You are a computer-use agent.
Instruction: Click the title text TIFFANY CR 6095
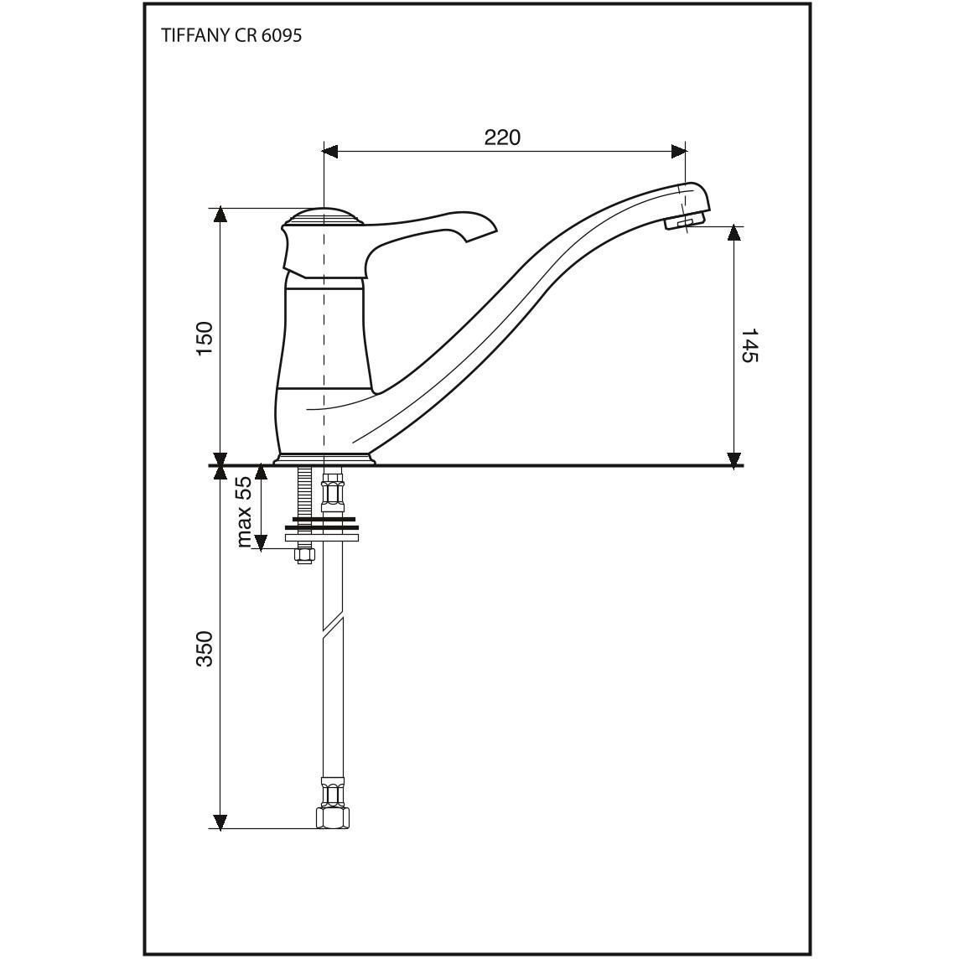pyautogui.click(x=231, y=36)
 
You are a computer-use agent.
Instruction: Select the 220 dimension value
pyautogui.click(x=502, y=137)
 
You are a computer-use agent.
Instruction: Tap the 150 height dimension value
pyautogui.click(x=205, y=340)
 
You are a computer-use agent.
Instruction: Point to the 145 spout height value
pyautogui.click(x=749, y=346)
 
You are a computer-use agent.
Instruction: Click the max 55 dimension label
pyautogui.click(x=243, y=512)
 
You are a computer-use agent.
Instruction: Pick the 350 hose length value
pyautogui.click(x=205, y=648)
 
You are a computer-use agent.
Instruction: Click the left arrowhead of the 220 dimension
pyautogui.click(x=330, y=151)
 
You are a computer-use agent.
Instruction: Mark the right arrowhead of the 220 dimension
pyautogui.click(x=678, y=151)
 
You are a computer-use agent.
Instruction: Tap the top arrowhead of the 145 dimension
pyautogui.click(x=734, y=234)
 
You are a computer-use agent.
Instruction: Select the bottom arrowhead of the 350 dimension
pyautogui.click(x=220, y=822)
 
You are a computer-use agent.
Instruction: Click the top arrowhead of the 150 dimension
pyautogui.click(x=220, y=216)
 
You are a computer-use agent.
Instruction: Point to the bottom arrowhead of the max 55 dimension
pyautogui.click(x=261, y=542)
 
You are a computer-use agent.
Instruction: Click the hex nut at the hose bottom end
pyautogui.click(x=333, y=817)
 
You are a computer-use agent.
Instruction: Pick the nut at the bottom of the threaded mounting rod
pyautogui.click(x=304, y=554)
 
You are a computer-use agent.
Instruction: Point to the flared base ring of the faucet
pyautogui.click(x=323, y=459)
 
